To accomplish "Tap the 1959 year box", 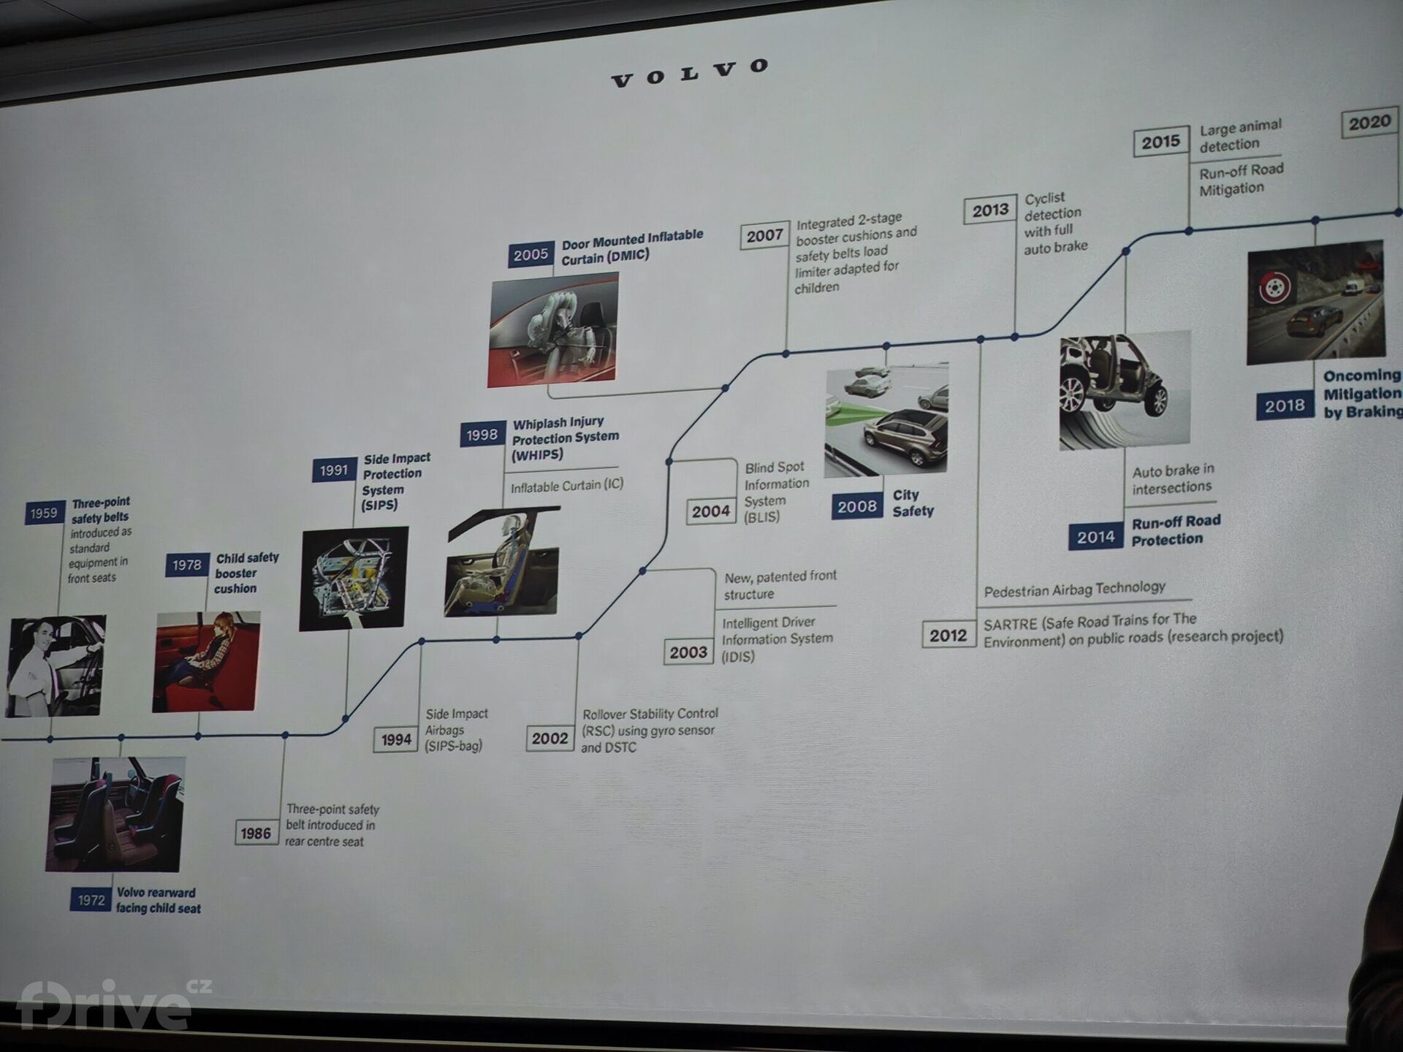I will point(44,514).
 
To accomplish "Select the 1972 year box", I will point(91,900).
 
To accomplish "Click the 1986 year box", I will point(256,833).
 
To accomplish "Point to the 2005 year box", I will point(531,255).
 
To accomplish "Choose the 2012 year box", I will point(948,636).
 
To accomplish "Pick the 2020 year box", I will point(1369,123).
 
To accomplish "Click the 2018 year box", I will point(1284,406).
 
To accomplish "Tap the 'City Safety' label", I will point(913,503).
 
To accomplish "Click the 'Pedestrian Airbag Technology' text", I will point(1074,590).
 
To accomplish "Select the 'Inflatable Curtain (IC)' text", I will point(566,486).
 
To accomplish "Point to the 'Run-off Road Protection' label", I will point(1175,530).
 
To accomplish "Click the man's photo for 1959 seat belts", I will point(56,666).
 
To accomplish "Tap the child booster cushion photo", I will point(206,661).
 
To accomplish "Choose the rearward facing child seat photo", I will point(115,814).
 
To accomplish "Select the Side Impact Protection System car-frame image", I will point(354,578).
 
